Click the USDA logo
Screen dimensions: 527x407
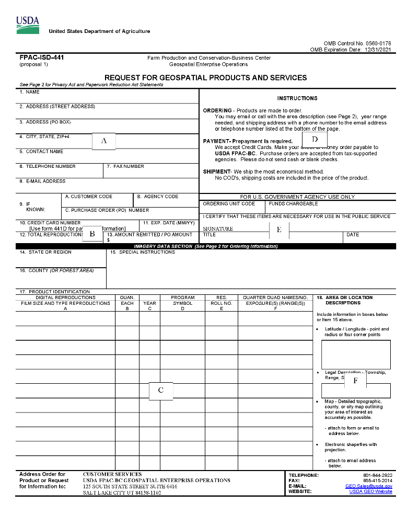tap(28, 25)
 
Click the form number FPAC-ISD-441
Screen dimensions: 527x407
tap(42, 58)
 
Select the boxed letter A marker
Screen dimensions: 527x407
tap(104, 141)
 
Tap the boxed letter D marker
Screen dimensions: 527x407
tap(315, 140)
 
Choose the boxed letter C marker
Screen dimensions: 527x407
tap(161, 391)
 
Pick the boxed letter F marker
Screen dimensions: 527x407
tap(355, 381)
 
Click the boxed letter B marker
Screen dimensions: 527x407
tap(92, 234)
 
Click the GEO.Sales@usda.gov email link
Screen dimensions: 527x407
tap(368, 486)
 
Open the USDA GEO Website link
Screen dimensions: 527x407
tap(370, 492)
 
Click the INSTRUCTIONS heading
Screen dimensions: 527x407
tap(297, 98)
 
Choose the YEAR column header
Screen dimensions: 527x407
tap(149, 303)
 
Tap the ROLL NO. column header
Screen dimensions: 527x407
tap(222, 303)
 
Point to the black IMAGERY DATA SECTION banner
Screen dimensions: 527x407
tap(206, 246)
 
